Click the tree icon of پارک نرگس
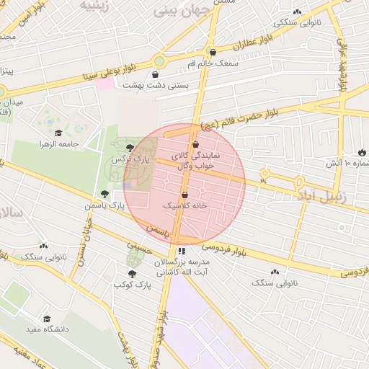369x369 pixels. tap(130, 148)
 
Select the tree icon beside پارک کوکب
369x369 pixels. tap(132, 274)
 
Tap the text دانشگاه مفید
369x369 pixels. tap(48, 329)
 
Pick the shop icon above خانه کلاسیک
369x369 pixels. tap(185, 195)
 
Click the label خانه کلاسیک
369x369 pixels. tap(185, 205)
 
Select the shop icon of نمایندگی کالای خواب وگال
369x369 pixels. tap(195, 145)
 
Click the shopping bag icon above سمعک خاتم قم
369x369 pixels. tap(212, 52)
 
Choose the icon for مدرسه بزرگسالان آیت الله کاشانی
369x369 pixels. tap(182, 251)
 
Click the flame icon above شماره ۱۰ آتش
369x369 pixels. tap(361, 153)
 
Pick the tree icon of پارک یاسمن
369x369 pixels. tap(106, 194)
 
